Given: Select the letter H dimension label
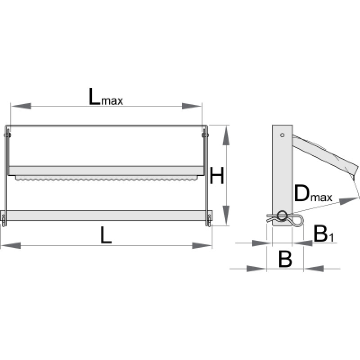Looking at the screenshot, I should [217, 177].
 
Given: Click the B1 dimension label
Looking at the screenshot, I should [324, 234].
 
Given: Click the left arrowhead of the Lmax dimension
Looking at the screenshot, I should [21, 106].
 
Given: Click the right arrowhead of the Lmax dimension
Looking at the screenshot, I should [192, 106].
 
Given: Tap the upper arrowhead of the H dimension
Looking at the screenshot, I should [226, 135].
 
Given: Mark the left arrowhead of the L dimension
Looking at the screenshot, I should [11, 246].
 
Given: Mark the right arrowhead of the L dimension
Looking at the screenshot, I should [202, 246].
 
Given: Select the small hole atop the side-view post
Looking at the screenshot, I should [282, 135].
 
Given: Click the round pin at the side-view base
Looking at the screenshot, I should [283, 216].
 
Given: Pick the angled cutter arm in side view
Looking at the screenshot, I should [324, 153].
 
